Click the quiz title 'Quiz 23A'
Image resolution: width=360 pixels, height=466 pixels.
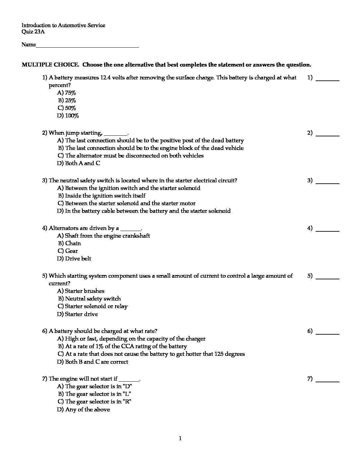33,32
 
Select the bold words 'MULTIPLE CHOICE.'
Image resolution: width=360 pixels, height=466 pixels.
50,65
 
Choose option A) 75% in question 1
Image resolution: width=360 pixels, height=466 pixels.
67,93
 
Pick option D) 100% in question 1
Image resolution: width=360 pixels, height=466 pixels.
68,116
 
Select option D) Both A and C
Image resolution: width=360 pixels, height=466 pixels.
78,163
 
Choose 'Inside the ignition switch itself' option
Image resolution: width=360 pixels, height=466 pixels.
102,196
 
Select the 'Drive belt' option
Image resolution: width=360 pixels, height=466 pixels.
74,258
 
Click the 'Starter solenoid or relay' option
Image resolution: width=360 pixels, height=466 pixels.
93,306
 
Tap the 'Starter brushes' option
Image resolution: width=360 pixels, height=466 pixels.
81,291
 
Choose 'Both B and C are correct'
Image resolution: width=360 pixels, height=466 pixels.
93,362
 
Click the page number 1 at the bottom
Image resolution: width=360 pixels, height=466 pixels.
180,439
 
